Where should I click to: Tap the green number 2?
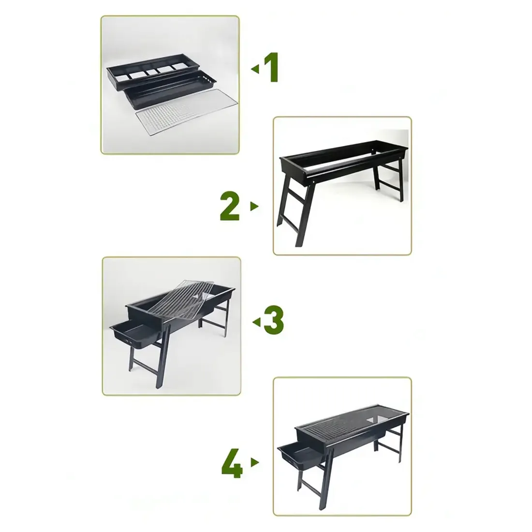coord(230,207)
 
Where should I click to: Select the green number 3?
coord(274,321)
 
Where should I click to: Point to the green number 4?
coord(232,463)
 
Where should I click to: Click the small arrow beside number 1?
coord(254,69)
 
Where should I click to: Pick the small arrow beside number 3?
coord(256,322)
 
